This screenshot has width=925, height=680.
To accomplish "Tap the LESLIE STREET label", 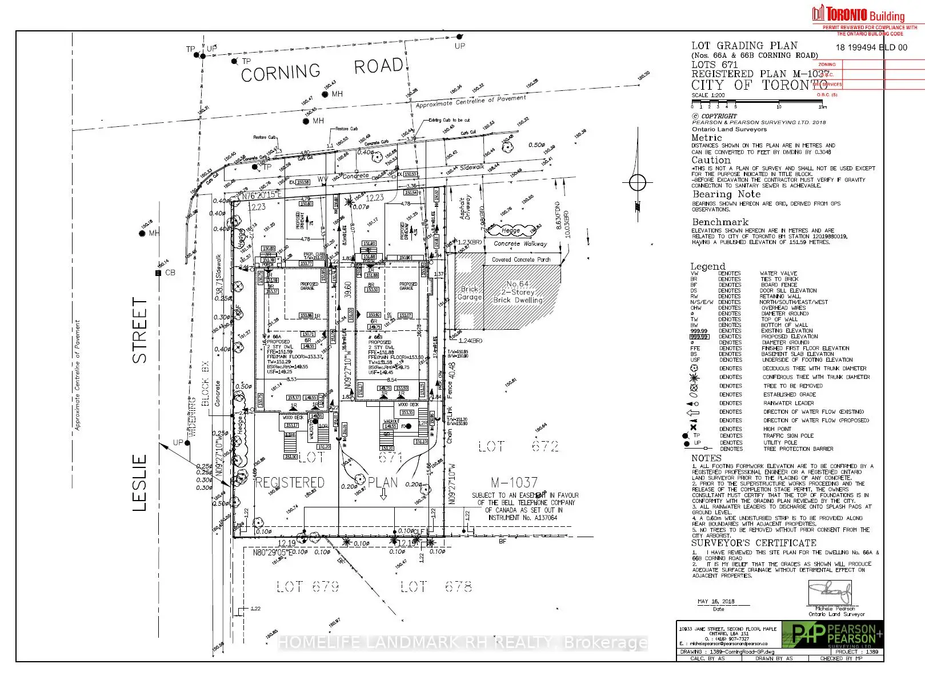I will pyautogui.click(x=140, y=403).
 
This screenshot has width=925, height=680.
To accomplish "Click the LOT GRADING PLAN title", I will pyautogui.click(x=744, y=46).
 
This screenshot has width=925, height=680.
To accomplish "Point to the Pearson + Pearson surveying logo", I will pyautogui.click(x=833, y=634).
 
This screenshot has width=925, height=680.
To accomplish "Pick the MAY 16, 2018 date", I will pyautogui.click(x=716, y=602).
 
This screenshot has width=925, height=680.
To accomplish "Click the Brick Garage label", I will pyautogui.click(x=470, y=293).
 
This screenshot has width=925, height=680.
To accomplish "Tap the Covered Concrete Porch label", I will pyautogui.click(x=521, y=259).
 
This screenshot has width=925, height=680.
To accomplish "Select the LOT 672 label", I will pyautogui.click(x=518, y=446).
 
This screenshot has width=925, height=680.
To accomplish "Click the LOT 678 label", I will pyautogui.click(x=437, y=587).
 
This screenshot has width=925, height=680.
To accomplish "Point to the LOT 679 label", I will pyautogui.click(x=308, y=587).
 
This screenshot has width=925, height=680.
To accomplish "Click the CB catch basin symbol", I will pyautogui.click(x=158, y=273).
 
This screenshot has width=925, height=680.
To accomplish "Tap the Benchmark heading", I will pyautogui.click(x=720, y=222).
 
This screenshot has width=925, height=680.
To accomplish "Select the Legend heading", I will pyautogui.click(x=707, y=266).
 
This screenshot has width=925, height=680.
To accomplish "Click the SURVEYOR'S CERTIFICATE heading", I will pyautogui.click(x=754, y=543).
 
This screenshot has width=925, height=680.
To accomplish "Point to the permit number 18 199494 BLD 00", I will pyautogui.click(x=871, y=47).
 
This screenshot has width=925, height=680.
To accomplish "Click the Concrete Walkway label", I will pyautogui.click(x=520, y=243).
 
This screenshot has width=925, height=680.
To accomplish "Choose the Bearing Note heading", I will pyautogui.click(x=726, y=194).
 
